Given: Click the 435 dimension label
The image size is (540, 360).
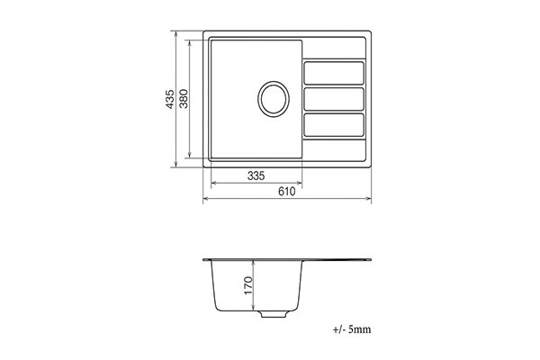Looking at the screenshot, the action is (170, 99).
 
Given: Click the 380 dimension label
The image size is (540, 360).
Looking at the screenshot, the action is (184, 99).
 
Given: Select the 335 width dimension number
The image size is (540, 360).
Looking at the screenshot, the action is (256, 176).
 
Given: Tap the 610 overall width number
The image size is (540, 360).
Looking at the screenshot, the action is (286, 191).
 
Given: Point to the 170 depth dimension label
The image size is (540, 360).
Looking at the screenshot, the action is (248, 285).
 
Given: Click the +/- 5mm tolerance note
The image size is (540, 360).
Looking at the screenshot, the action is (352, 329).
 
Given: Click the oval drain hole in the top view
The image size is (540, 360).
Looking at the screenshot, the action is (274, 99).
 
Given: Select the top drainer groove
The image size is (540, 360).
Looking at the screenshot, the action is (334, 73).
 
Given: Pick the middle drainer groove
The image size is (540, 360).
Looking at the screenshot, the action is (334, 99).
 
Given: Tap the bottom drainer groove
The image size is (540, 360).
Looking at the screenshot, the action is (334, 125).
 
